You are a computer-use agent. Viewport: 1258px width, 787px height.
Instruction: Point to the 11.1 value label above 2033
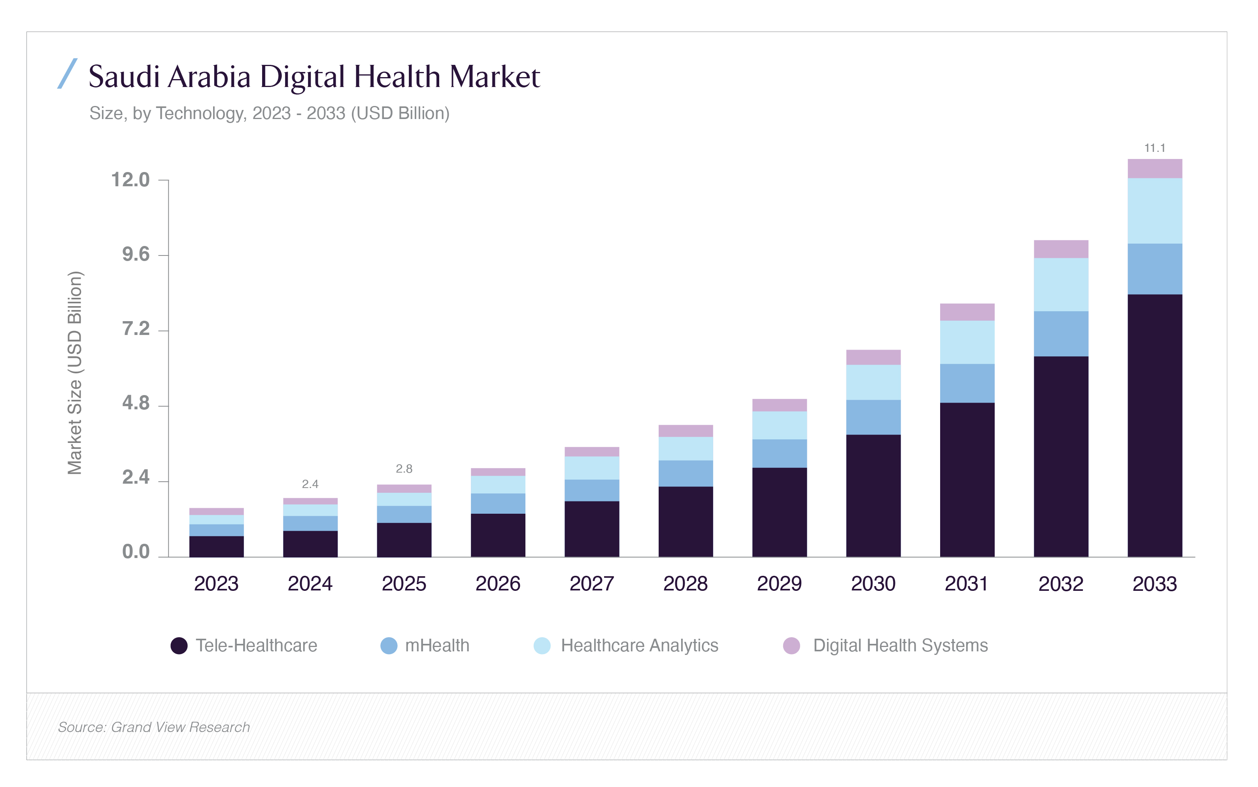pyautogui.click(x=1154, y=148)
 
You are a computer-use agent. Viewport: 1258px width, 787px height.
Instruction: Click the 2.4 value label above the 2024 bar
pyautogui.click(x=310, y=484)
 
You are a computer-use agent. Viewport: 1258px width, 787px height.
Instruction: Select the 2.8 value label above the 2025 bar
pyautogui.click(x=404, y=469)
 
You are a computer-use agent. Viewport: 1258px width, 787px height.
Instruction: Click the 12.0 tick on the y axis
pyautogui.click(x=130, y=180)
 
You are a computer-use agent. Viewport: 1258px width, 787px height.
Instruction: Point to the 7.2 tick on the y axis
pyautogui.click(x=136, y=329)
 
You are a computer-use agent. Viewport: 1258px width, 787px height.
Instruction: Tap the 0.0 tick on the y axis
pyautogui.click(x=136, y=552)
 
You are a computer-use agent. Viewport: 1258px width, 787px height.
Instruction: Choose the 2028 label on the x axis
pyautogui.click(x=685, y=584)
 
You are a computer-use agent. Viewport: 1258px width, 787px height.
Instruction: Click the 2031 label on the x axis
pyautogui.click(x=966, y=584)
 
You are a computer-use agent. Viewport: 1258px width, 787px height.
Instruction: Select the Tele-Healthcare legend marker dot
pyautogui.click(x=179, y=646)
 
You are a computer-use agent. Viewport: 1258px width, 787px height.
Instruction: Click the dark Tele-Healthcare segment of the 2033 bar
pyautogui.click(x=1154, y=426)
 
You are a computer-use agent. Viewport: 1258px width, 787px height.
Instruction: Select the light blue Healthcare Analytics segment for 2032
pyautogui.click(x=1061, y=285)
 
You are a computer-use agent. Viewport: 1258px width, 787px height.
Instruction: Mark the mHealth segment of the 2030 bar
pyautogui.click(x=873, y=418)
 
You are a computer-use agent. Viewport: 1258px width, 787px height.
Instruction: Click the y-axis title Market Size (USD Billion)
pyautogui.click(x=75, y=373)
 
